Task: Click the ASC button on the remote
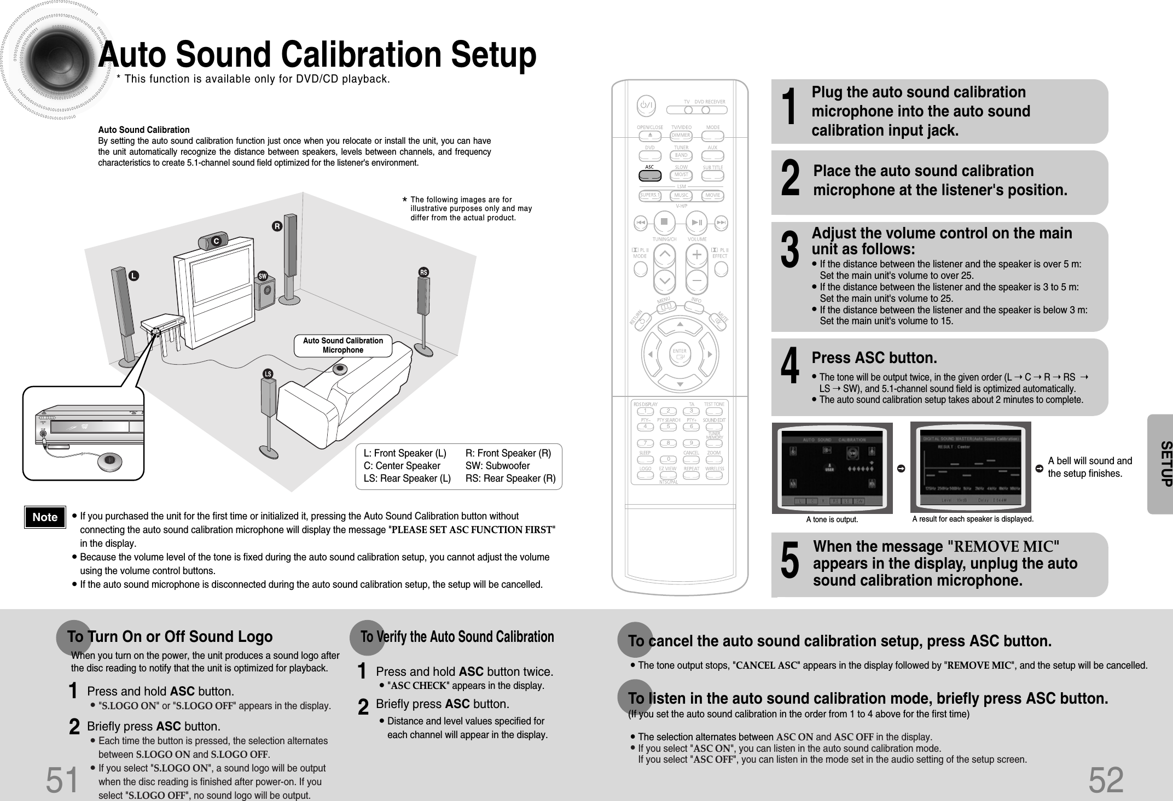coord(649,176)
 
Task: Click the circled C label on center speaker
coord(216,241)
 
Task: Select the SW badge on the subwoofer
coord(263,276)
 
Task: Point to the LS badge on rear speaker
coord(268,374)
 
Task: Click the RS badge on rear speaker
coord(423,272)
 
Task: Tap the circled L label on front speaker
coord(132,276)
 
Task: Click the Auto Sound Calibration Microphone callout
coord(343,346)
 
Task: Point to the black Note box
coord(45,517)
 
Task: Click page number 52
coord(1106,780)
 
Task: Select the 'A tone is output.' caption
coord(832,520)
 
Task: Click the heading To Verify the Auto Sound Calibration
coord(457,637)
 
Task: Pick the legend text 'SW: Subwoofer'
coord(497,466)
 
